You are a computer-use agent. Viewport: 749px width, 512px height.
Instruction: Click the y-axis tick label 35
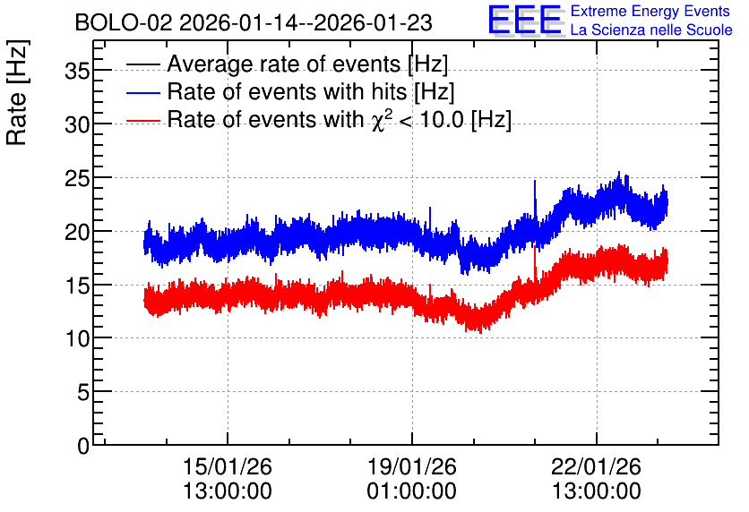[77, 72]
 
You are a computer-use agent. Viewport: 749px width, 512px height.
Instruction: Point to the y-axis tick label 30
[77, 125]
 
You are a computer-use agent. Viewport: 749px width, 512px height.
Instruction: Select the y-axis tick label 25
[77, 178]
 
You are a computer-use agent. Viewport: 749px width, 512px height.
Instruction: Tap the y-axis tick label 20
[77, 233]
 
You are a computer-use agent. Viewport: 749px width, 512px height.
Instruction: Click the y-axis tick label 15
[77, 286]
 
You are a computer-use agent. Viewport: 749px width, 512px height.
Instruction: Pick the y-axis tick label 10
[77, 339]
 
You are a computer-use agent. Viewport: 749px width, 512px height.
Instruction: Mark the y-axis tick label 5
[83, 393]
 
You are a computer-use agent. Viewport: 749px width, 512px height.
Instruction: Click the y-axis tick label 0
[83, 446]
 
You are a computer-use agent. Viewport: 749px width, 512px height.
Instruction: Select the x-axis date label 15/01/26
[228, 466]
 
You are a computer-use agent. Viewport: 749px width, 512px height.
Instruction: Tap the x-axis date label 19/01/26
[412, 466]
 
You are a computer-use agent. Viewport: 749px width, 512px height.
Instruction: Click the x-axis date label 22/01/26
[596, 466]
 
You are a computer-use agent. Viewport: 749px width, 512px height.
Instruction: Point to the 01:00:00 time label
[412, 491]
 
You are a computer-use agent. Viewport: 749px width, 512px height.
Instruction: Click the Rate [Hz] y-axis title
[17, 92]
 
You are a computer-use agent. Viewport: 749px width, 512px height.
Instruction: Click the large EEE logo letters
[525, 20]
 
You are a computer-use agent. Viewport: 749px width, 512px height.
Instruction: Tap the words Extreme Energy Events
[650, 11]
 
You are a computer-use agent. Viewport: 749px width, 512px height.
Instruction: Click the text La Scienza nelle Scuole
[651, 30]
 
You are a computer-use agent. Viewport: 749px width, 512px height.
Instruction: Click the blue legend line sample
[143, 92]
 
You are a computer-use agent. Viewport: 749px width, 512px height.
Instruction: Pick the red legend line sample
[143, 121]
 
